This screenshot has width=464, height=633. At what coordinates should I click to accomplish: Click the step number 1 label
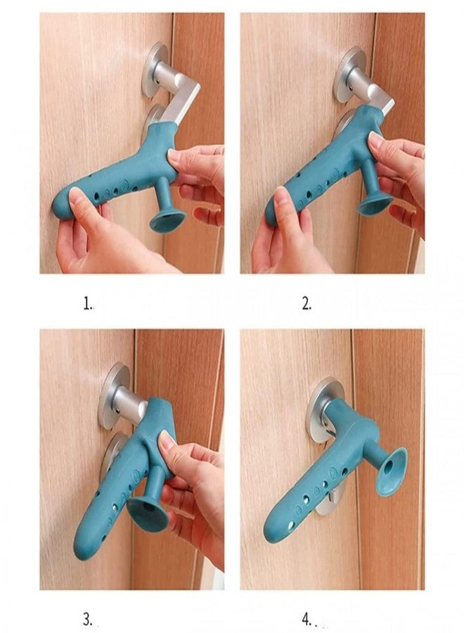(x=88, y=304)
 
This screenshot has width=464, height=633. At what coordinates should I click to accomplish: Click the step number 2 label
(x=306, y=304)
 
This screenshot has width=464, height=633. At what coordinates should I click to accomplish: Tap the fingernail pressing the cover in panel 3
(x=166, y=442)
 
